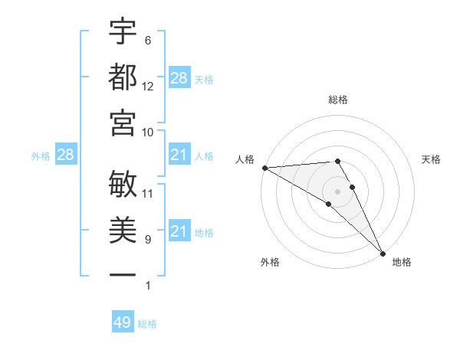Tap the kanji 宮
click(x=123, y=121)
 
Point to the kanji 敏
click(x=123, y=183)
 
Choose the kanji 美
click(x=123, y=228)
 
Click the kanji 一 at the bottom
click(x=123, y=273)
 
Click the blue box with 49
click(x=123, y=322)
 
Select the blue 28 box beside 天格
click(x=179, y=78)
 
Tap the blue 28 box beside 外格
click(x=65, y=155)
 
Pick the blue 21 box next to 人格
click(x=179, y=155)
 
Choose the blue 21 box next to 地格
click(x=179, y=231)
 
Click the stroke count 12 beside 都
click(x=148, y=87)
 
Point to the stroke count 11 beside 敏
click(x=148, y=194)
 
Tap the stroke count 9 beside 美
click(x=148, y=240)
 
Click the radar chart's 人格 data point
click(x=264, y=168)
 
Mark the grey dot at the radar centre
click(x=337, y=191)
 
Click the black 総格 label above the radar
click(x=337, y=100)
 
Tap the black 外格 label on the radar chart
click(x=269, y=262)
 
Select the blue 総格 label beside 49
click(x=147, y=324)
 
